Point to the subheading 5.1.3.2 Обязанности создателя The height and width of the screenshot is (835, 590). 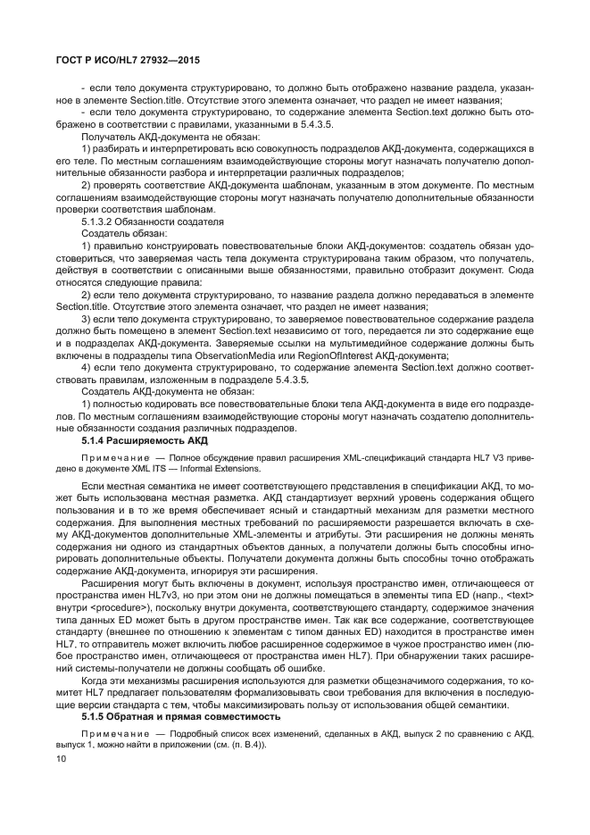click(x=153, y=219)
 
